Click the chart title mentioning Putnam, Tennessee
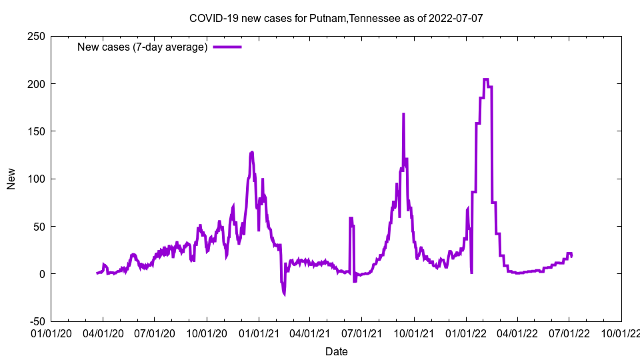336,18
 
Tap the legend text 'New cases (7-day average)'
143,47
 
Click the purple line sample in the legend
227,47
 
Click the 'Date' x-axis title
336,351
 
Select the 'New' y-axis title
11,179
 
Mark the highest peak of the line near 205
485,79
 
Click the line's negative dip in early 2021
284,293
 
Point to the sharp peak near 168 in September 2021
403,114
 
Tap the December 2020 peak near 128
252,152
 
